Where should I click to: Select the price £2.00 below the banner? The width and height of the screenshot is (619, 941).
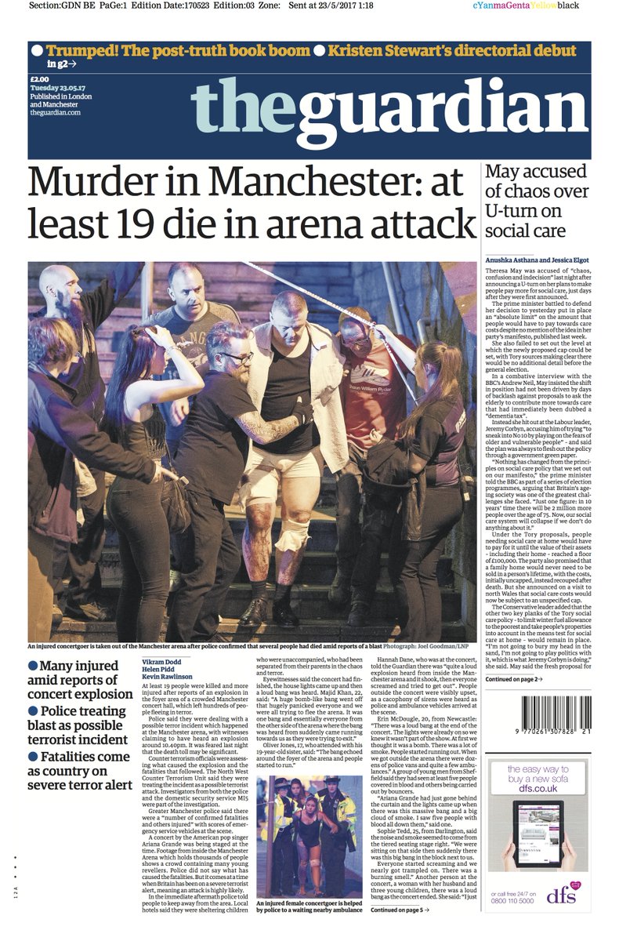pos(40,78)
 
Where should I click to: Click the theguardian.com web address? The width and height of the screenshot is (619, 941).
pos(56,113)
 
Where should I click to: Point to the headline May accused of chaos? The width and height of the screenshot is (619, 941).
pos(535,201)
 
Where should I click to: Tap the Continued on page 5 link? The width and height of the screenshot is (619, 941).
pos(400,910)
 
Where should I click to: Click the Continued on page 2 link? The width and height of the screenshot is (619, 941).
pos(513,679)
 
